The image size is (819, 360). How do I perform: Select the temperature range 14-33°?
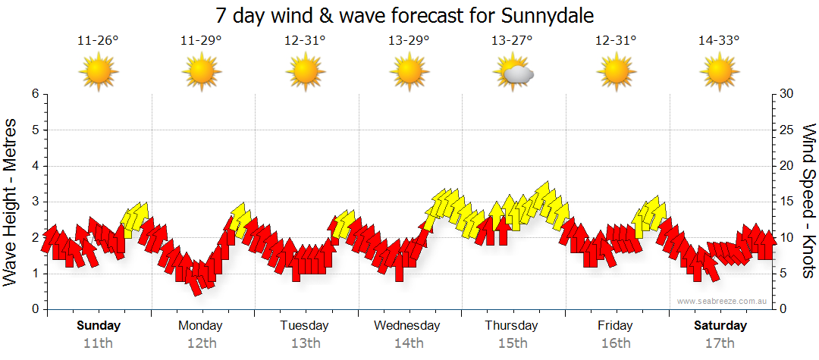tap(719, 41)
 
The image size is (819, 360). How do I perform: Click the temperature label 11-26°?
tap(99, 41)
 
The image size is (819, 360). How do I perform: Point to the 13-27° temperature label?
tap(512, 41)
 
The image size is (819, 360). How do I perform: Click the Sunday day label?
tap(99, 326)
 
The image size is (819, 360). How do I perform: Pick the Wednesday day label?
tap(407, 326)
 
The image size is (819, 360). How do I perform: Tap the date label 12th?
tap(202, 343)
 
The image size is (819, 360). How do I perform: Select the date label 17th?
tap(720, 343)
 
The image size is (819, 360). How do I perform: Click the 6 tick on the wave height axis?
tap(35, 94)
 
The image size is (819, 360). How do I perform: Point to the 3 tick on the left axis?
tap(35, 202)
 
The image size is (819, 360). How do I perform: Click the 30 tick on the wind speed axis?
tap(787, 94)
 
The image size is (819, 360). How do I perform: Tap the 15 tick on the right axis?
tap(787, 202)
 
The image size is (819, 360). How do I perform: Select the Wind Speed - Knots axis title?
tap(808, 202)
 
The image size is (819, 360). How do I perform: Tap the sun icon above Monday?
tap(202, 73)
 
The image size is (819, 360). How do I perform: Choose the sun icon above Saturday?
tap(719, 73)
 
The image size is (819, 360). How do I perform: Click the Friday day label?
tap(615, 326)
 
